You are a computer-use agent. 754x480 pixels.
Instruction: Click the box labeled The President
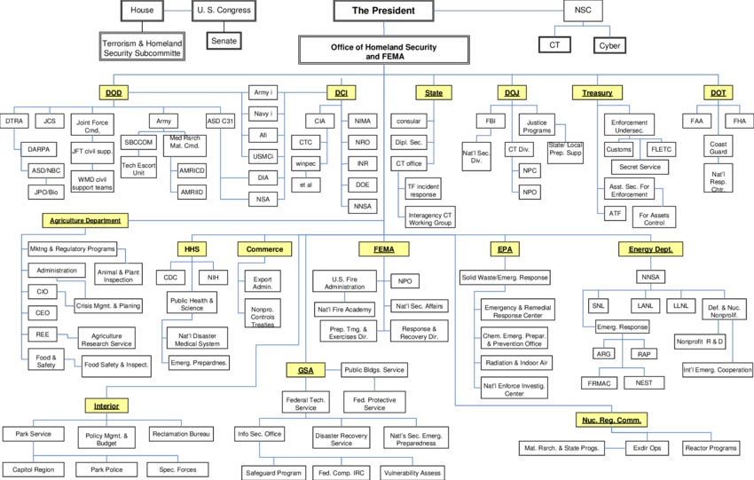pos(383,11)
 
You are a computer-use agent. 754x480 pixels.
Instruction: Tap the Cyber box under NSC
pos(609,44)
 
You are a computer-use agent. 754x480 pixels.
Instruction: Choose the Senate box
pos(224,41)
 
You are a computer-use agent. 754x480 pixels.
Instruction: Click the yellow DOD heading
pos(114,92)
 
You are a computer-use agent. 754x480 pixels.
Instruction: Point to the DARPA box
pos(38,149)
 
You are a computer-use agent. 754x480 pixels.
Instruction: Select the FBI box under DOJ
pos(490,121)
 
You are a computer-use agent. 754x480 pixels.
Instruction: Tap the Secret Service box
pos(640,167)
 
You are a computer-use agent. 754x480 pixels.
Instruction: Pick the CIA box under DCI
pos(319,121)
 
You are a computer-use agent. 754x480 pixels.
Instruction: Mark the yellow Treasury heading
pos(597,92)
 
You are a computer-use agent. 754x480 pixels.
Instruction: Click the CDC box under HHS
pos(170,277)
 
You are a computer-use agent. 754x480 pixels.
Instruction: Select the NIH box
pos(213,277)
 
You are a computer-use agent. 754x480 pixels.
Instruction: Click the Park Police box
pos(106,468)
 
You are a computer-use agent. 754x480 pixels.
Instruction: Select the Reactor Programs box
pos(711,448)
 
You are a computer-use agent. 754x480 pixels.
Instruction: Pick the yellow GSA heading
pos(305,369)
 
